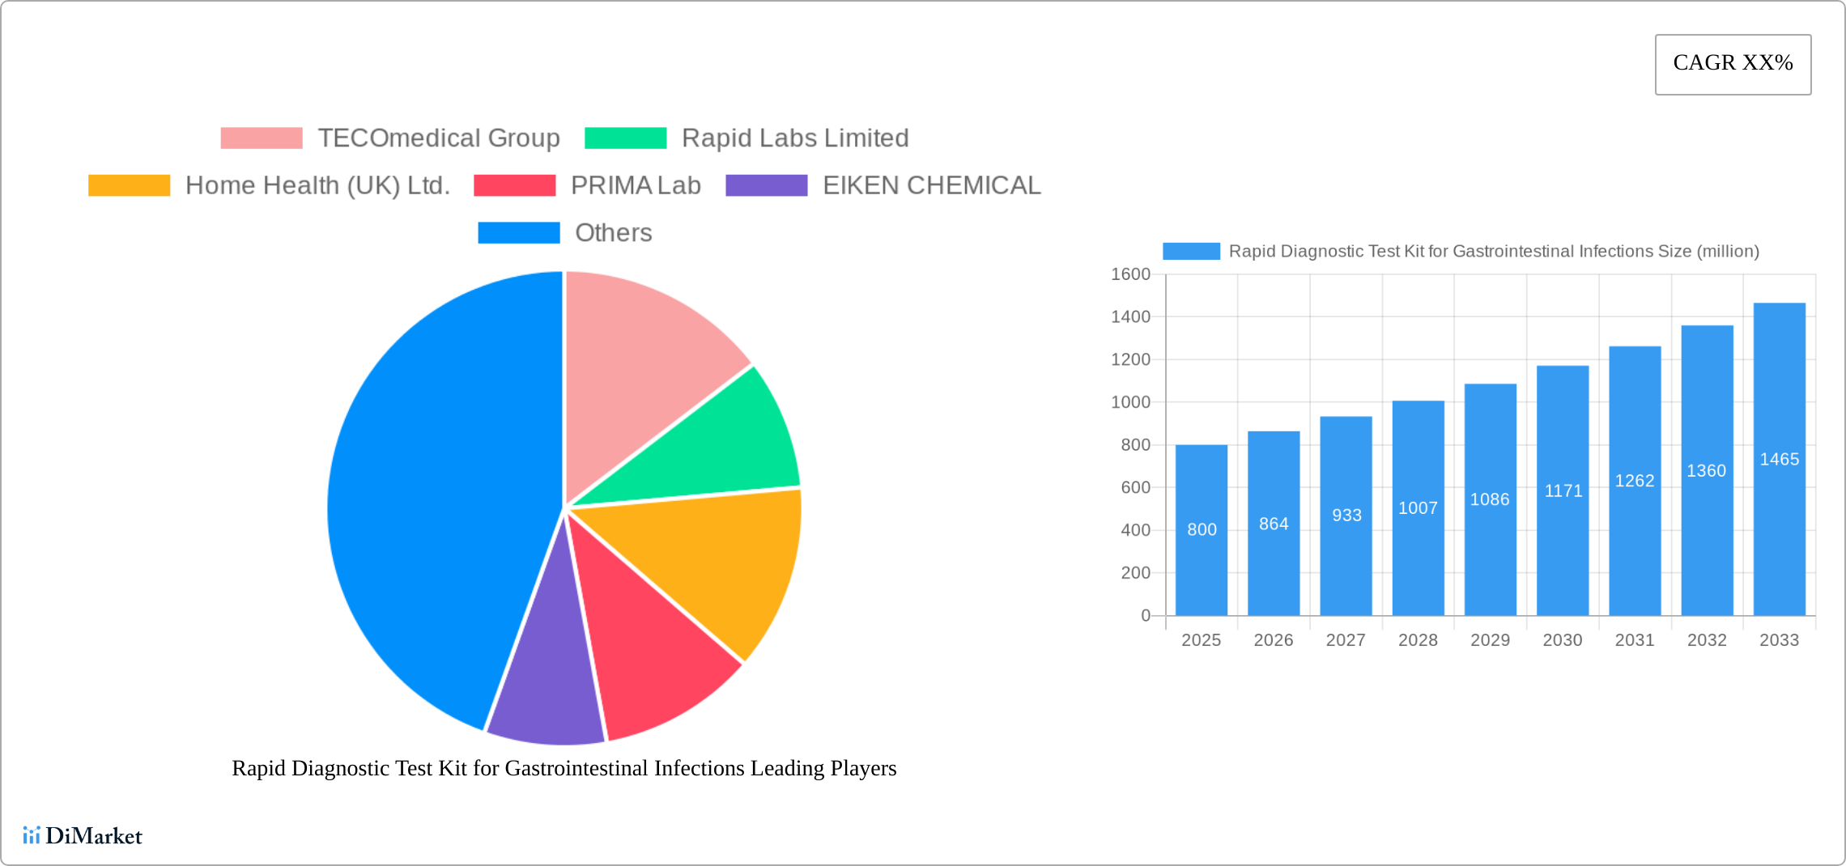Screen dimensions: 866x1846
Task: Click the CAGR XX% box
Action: click(1733, 64)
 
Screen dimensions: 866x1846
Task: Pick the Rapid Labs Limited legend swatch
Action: click(626, 138)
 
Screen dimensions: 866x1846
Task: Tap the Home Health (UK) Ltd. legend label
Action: click(317, 185)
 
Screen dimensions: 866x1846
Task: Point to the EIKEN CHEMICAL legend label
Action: click(931, 185)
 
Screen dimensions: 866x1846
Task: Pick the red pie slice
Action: click(648, 647)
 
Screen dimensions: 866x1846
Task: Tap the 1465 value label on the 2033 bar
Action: click(1779, 460)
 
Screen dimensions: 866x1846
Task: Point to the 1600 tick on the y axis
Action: click(1130, 274)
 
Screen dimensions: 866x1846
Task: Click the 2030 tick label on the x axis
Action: click(1562, 640)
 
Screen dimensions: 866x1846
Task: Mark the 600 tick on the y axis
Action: click(1135, 487)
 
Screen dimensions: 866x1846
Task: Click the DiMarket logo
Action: click(83, 835)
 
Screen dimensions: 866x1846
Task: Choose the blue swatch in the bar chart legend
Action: click(1191, 252)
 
